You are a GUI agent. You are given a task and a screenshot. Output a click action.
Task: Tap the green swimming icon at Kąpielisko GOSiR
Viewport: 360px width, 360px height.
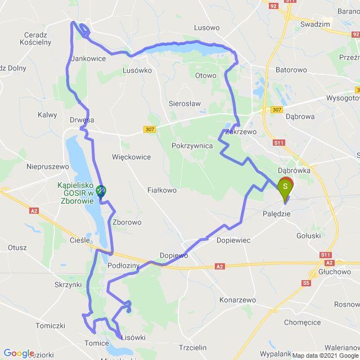click(x=101, y=192)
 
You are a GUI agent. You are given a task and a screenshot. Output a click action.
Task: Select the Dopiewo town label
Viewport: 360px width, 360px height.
click(x=173, y=255)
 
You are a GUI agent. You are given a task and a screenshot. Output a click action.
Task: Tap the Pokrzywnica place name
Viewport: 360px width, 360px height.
click(x=192, y=145)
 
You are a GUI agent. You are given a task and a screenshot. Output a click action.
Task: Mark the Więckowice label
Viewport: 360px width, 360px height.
click(x=131, y=157)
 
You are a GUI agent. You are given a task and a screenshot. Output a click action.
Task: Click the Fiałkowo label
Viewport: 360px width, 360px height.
click(x=162, y=190)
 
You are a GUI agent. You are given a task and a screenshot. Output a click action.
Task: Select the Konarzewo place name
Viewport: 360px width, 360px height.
click(x=237, y=299)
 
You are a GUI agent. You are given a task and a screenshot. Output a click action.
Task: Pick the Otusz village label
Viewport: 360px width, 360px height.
click(x=17, y=247)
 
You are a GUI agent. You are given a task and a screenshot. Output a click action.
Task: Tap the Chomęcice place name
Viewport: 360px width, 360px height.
click(x=302, y=322)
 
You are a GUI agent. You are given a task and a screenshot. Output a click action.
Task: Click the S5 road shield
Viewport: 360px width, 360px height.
click(x=307, y=283)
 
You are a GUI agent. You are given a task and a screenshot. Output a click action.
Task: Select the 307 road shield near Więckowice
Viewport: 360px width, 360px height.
click(x=149, y=129)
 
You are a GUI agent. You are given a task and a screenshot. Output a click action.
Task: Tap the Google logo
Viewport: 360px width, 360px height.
click(x=19, y=353)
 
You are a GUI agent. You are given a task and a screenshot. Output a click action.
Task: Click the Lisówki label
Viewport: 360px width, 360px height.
click(x=134, y=337)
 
